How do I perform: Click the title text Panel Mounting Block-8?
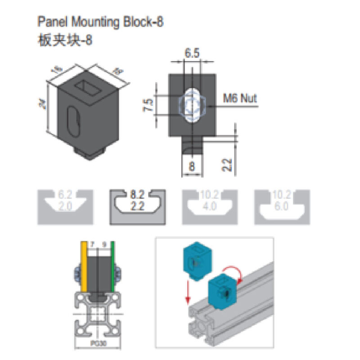99,22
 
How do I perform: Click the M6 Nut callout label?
240,98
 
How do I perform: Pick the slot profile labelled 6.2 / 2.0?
65,206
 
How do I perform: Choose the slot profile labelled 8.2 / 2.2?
138,206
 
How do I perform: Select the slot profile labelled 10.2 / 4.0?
209,206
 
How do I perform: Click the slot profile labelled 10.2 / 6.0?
282,206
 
